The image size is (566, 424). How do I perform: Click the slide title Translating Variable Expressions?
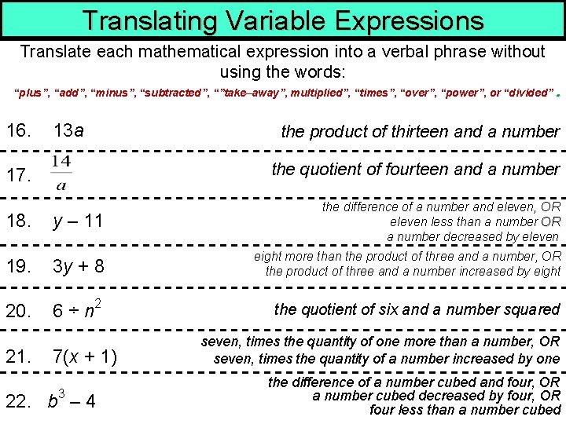tap(282, 20)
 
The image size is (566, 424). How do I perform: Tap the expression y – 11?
tap(78, 221)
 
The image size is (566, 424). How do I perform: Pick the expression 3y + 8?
tap(78, 265)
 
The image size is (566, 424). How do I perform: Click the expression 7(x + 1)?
tap(85, 357)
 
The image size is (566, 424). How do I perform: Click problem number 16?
tap(20, 131)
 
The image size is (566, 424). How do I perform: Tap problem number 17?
tap(20, 177)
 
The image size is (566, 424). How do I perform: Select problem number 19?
tap(20, 265)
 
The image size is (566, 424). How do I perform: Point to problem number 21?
tap(20, 357)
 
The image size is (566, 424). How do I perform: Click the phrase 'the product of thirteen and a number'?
tap(421, 132)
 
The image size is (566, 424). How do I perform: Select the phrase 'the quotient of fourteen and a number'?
tap(416, 169)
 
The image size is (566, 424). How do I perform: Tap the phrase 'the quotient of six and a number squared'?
tap(417, 309)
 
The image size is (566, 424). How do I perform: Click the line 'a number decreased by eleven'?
tap(473, 236)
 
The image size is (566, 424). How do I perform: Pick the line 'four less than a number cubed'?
tap(465, 409)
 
